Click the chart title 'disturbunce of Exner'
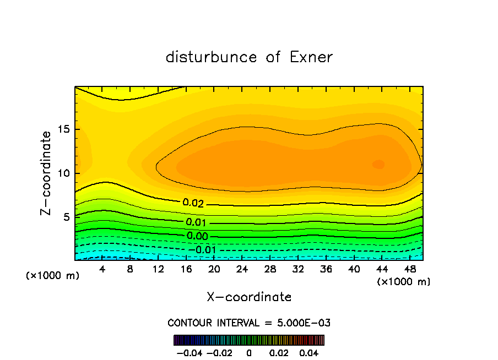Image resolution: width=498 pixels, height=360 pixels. [x=249, y=57]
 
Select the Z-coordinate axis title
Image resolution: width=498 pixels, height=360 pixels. [x=47, y=173]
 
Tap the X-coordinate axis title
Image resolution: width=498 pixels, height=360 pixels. [x=249, y=297]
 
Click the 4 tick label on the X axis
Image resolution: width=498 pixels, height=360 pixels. [x=102, y=269]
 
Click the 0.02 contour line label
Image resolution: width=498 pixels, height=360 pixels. [x=193, y=203]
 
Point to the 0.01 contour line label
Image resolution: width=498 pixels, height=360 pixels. [x=196, y=222]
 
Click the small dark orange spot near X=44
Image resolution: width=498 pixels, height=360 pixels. [x=378, y=164]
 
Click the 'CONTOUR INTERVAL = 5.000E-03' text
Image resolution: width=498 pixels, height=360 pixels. [x=249, y=323]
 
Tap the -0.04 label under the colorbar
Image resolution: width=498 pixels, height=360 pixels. [x=189, y=352]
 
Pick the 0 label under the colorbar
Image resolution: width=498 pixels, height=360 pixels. [x=248, y=352]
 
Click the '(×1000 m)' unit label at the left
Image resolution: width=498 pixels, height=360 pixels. [x=52, y=276]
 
